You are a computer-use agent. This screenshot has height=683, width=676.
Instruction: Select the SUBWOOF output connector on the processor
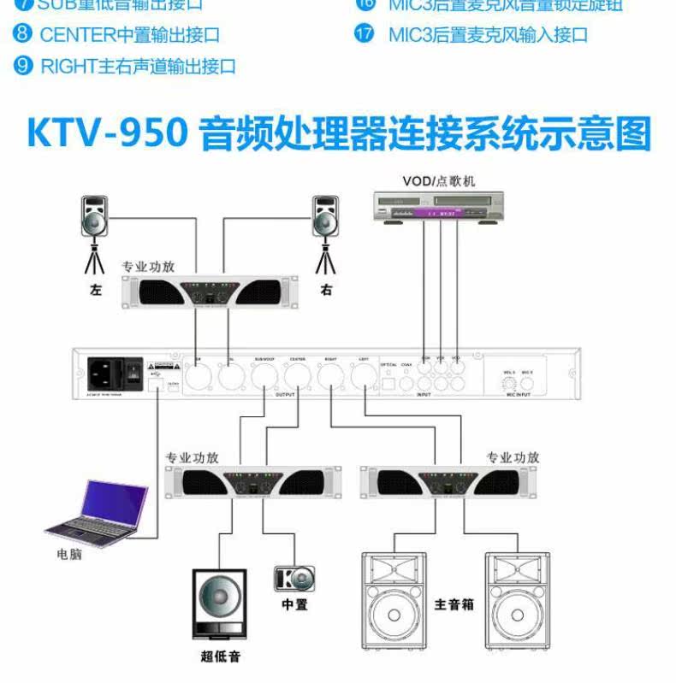tap(264, 374)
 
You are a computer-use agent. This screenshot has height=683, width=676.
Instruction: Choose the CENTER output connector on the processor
tap(297, 374)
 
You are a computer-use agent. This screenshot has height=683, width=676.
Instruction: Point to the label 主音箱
tap(454, 604)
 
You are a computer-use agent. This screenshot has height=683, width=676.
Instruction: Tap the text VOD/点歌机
tap(439, 180)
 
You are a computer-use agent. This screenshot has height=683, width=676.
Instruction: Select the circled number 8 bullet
tap(24, 35)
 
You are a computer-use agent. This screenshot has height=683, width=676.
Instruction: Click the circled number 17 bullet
tap(365, 35)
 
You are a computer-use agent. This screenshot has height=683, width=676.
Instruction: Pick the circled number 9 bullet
tap(24, 66)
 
